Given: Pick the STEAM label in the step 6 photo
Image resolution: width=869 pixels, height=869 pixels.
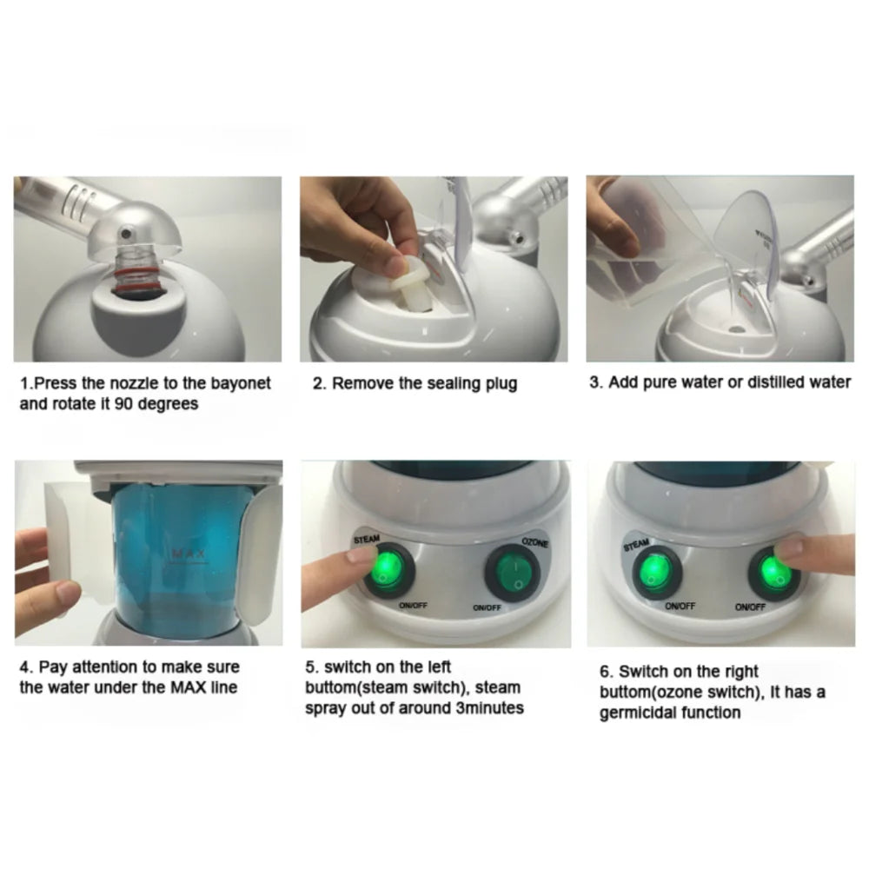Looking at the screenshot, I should point(637,546).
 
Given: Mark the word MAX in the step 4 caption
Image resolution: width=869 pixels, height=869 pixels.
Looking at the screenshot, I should point(162,688).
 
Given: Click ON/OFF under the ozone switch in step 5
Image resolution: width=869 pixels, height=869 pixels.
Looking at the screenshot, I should point(489,608).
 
